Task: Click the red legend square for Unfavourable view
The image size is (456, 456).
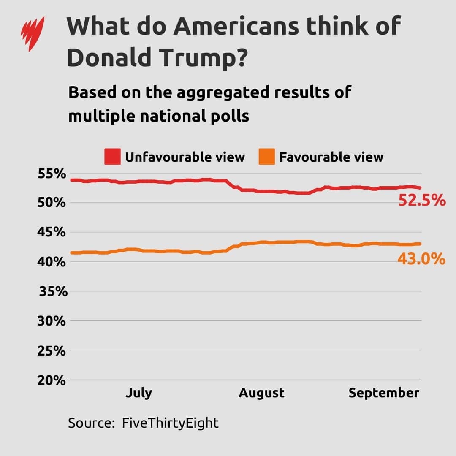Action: click(x=113, y=157)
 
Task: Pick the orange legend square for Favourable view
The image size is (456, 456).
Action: click(x=267, y=157)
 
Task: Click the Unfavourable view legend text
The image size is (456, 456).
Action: click(x=185, y=157)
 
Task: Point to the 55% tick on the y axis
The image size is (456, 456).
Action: click(x=53, y=174)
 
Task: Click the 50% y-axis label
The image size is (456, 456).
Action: click(x=53, y=203)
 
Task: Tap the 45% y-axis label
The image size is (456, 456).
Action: click(x=53, y=233)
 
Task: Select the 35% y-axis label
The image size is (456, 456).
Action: click(x=53, y=292)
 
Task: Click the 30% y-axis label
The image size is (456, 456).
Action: click(x=53, y=321)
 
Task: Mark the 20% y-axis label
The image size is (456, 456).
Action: click(x=53, y=380)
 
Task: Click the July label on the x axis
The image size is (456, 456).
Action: click(x=138, y=393)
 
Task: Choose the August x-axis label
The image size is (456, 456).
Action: click(x=261, y=393)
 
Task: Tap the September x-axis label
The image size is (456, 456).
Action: click(x=383, y=393)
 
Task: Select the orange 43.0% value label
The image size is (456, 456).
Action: click(x=421, y=258)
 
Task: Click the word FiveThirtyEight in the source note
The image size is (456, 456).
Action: click(x=170, y=423)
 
